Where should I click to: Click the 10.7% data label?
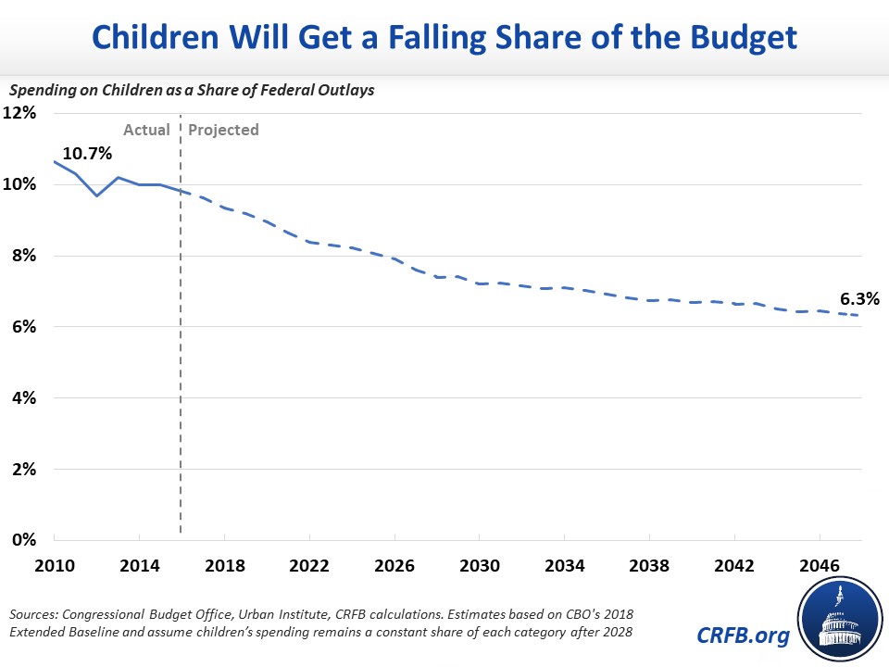click(87, 153)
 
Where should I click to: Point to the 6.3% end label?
click(859, 299)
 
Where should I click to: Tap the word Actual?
click(147, 130)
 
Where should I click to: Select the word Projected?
click(223, 131)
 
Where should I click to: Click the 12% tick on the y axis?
click(19, 113)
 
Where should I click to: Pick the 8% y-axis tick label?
click(24, 256)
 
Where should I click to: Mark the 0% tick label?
click(24, 539)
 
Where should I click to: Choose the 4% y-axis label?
click(24, 397)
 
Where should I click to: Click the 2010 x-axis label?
click(55, 565)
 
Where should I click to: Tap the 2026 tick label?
click(394, 565)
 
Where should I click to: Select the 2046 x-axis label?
click(820, 565)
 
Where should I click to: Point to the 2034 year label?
click(565, 565)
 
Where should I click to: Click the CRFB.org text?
click(743, 636)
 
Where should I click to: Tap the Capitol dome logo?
click(840, 620)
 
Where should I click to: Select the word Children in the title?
click(156, 37)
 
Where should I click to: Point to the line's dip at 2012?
click(97, 195)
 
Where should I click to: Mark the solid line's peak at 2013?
click(118, 178)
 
